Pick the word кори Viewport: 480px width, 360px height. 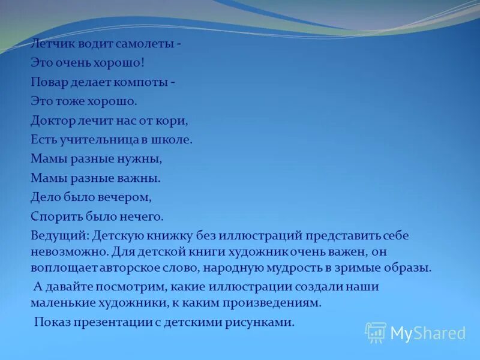[x=175, y=120]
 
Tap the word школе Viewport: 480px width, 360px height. [x=173, y=139]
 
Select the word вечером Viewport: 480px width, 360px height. [x=122, y=197]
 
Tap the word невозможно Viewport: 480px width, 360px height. [x=62, y=250]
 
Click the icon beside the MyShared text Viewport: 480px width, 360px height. [x=375, y=332]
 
